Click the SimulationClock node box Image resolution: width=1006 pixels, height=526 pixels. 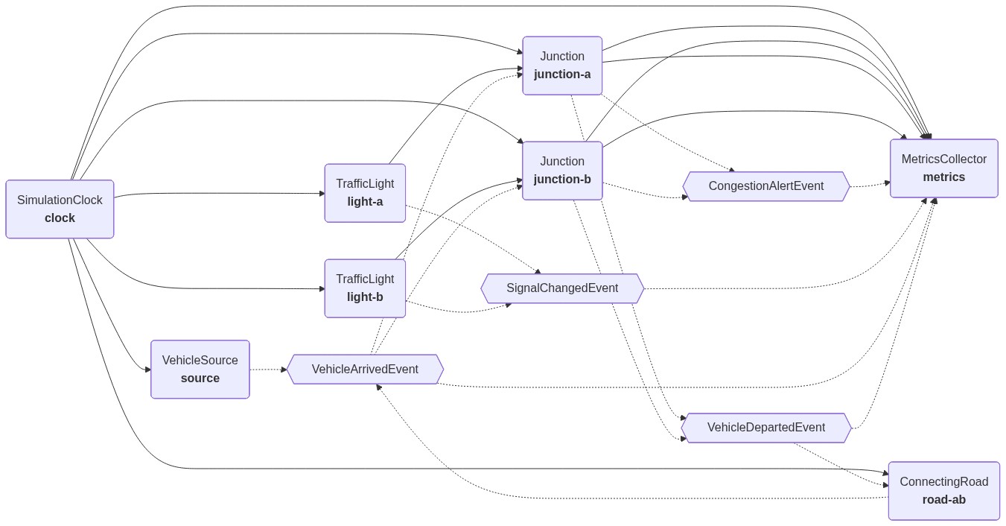[60, 209]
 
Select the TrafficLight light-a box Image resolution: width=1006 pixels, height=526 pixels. [365, 193]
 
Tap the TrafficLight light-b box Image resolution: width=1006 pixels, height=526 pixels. [365, 288]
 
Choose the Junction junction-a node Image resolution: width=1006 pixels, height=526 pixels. [562, 66]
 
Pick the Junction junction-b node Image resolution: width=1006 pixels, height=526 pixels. [562, 171]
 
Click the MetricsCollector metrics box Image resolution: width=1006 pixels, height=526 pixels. [943, 168]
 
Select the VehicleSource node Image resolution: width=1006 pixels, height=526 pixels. [200, 370]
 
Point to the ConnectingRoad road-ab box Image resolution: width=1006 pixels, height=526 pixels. [943, 491]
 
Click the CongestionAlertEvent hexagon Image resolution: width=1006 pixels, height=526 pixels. [765, 186]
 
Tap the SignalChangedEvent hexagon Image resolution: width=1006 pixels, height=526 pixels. [562, 288]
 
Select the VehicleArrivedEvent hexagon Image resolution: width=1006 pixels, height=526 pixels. [365, 370]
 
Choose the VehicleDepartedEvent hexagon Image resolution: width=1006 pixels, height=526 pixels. [765, 428]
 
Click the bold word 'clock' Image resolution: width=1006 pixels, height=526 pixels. [60, 218]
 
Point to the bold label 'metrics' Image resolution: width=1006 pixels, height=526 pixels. [943, 177]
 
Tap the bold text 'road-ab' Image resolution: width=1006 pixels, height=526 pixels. [943, 500]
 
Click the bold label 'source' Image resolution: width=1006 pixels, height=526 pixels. [200, 378]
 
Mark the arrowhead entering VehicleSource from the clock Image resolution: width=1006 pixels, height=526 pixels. [147, 370]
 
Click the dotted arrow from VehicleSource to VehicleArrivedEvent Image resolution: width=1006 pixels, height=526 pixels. [268, 370]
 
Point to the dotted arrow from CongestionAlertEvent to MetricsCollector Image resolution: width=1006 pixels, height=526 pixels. [870, 185]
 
